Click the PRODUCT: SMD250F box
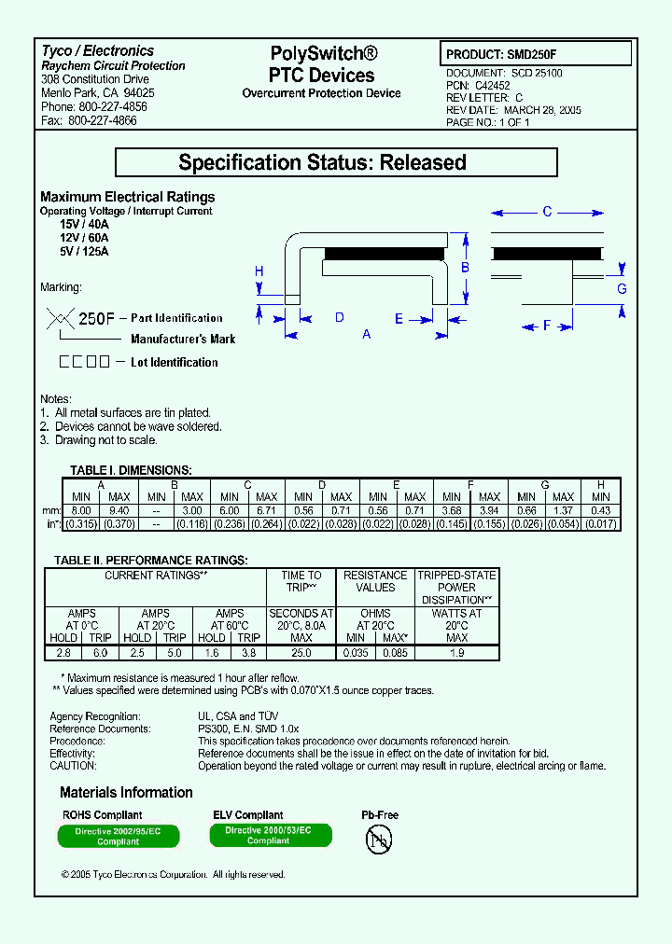(535, 54)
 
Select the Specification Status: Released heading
(335, 162)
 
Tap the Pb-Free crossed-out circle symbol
(379, 839)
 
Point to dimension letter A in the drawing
(366, 334)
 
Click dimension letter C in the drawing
(548, 212)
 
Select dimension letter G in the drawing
(622, 288)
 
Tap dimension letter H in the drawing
(259, 271)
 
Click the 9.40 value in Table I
(119, 510)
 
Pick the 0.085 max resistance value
(393, 653)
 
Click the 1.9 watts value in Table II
(456, 653)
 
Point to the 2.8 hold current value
(63, 653)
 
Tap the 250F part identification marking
(96, 318)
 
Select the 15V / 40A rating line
(84, 225)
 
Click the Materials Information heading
(126, 793)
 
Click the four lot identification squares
(86, 362)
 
